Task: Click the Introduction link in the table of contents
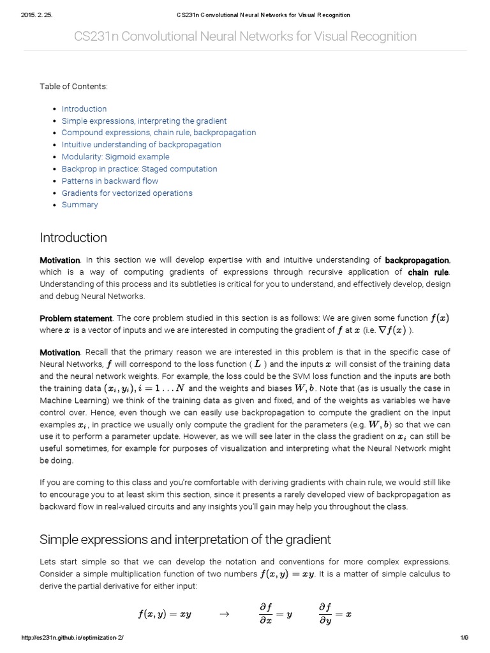pyautogui.click(x=84, y=109)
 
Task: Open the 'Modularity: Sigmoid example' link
pyautogui.click(x=115, y=157)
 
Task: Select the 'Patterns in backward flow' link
pyautogui.click(x=110, y=181)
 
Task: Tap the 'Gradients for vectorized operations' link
pyautogui.click(x=127, y=193)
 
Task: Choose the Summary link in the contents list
pyautogui.click(x=80, y=205)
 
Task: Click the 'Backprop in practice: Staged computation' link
pyautogui.click(x=139, y=169)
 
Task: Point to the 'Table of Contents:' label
pyautogui.click(x=73, y=86)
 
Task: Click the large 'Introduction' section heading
pyautogui.click(x=73, y=238)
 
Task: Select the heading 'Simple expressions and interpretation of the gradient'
pyautogui.click(x=185, y=539)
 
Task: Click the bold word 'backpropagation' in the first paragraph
pyautogui.click(x=417, y=260)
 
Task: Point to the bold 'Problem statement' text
pyautogui.click(x=76, y=318)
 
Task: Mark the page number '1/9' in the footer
pyautogui.click(x=464, y=638)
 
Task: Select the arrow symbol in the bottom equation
pyautogui.click(x=223, y=615)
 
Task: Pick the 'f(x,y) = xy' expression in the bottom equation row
pyautogui.click(x=165, y=615)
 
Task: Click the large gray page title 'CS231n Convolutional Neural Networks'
pyautogui.click(x=245, y=36)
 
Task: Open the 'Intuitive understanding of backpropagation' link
pyautogui.click(x=141, y=145)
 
